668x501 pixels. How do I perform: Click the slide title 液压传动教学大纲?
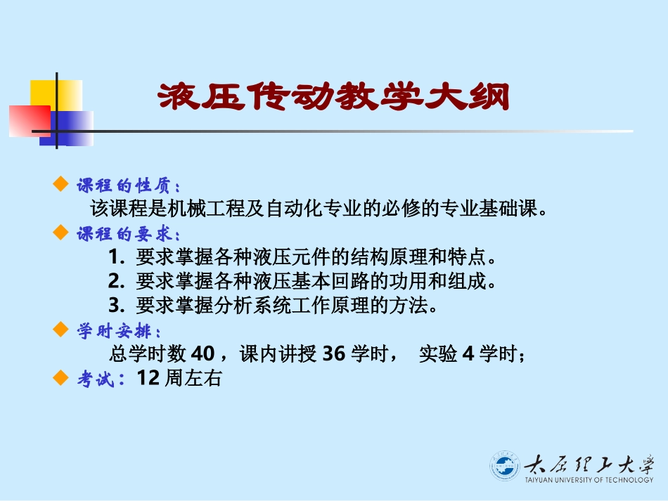(x=332, y=97)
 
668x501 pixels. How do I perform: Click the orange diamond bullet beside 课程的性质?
(x=60, y=185)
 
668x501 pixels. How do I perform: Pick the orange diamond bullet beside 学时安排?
(x=60, y=330)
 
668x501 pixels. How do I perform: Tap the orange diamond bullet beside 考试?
(x=60, y=378)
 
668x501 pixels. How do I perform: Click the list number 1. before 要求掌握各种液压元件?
(x=117, y=258)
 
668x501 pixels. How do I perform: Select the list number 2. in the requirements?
(x=117, y=282)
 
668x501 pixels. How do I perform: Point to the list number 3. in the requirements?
(x=117, y=306)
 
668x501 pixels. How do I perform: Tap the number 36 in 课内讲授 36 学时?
(x=333, y=354)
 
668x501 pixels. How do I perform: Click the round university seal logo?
(x=504, y=467)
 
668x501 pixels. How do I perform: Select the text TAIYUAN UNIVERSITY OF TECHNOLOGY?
(x=589, y=481)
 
